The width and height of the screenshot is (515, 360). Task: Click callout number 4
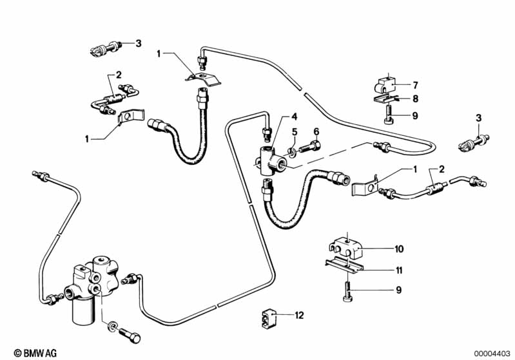[x=294, y=117]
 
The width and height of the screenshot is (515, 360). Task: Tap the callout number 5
[x=294, y=132]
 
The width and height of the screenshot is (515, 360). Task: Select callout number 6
[x=316, y=132]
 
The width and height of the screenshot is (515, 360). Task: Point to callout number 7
[x=416, y=85]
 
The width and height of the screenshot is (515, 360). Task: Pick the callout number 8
[x=416, y=99]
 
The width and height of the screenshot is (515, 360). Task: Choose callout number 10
[x=399, y=248]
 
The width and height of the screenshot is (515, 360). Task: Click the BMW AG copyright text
[x=26, y=353]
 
